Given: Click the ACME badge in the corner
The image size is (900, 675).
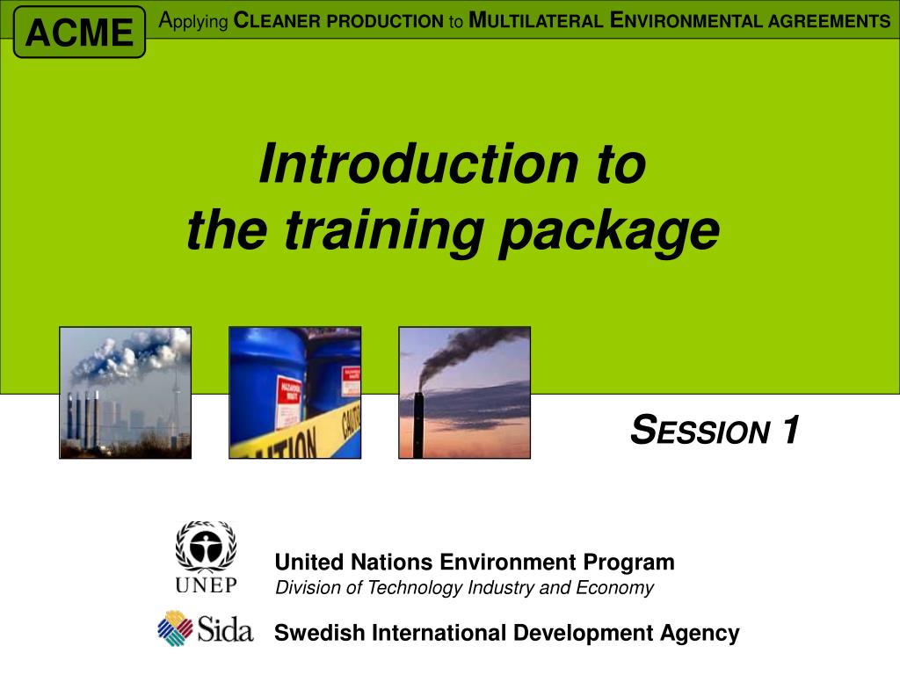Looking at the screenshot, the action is click(79, 33).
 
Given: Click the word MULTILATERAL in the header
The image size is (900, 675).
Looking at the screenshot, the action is click(536, 21).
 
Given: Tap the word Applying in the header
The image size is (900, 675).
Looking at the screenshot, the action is click(193, 21).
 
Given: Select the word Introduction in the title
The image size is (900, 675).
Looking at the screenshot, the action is click(419, 164).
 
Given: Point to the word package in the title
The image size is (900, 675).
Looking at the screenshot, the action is click(610, 232).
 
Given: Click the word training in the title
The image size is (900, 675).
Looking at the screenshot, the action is click(384, 231).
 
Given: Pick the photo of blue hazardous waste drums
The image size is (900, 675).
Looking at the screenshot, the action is click(295, 393).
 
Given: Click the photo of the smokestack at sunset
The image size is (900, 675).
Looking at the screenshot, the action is click(464, 393).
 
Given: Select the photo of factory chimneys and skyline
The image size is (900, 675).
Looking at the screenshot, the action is click(125, 393).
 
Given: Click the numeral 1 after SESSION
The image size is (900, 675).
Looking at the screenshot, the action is click(790, 429).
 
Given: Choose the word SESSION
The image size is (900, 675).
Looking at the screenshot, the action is click(700, 430).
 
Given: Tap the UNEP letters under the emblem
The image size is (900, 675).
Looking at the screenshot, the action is click(206, 584).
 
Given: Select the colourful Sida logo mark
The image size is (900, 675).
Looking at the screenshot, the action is click(175, 628).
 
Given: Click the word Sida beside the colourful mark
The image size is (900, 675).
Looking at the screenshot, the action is click(225, 628).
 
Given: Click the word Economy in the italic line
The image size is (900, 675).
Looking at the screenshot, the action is click(614, 588).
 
